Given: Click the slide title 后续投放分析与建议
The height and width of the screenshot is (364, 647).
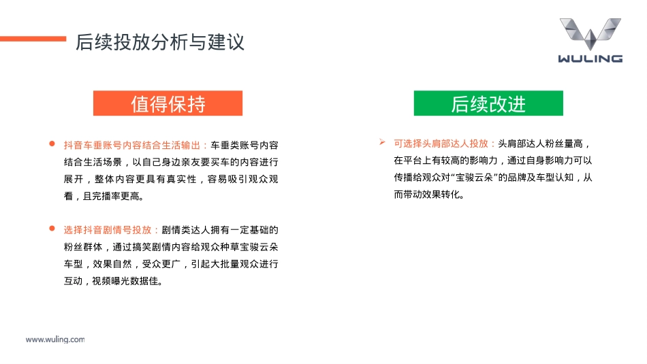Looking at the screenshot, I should coord(160,42).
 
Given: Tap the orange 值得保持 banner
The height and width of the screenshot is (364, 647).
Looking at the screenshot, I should coord(168,103).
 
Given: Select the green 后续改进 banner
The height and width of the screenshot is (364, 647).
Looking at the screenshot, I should coord(488,103).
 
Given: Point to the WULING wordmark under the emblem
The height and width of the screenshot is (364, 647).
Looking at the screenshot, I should coord(590,59).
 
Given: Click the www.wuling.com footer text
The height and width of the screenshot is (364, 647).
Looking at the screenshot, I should coord(55,339).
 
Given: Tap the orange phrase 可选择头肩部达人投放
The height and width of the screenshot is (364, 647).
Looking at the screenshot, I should coord(445,144).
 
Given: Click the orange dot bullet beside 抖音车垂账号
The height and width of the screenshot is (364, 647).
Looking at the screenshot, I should coord(51,144).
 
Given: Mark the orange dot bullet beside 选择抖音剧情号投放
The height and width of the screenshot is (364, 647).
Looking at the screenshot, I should coord(51,229).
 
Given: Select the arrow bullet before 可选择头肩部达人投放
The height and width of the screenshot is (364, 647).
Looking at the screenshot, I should coord(383,143).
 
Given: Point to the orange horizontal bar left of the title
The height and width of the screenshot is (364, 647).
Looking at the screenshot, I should coord(33,39).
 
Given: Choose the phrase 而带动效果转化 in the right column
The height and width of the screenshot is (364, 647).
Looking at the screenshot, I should coord(426,195).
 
